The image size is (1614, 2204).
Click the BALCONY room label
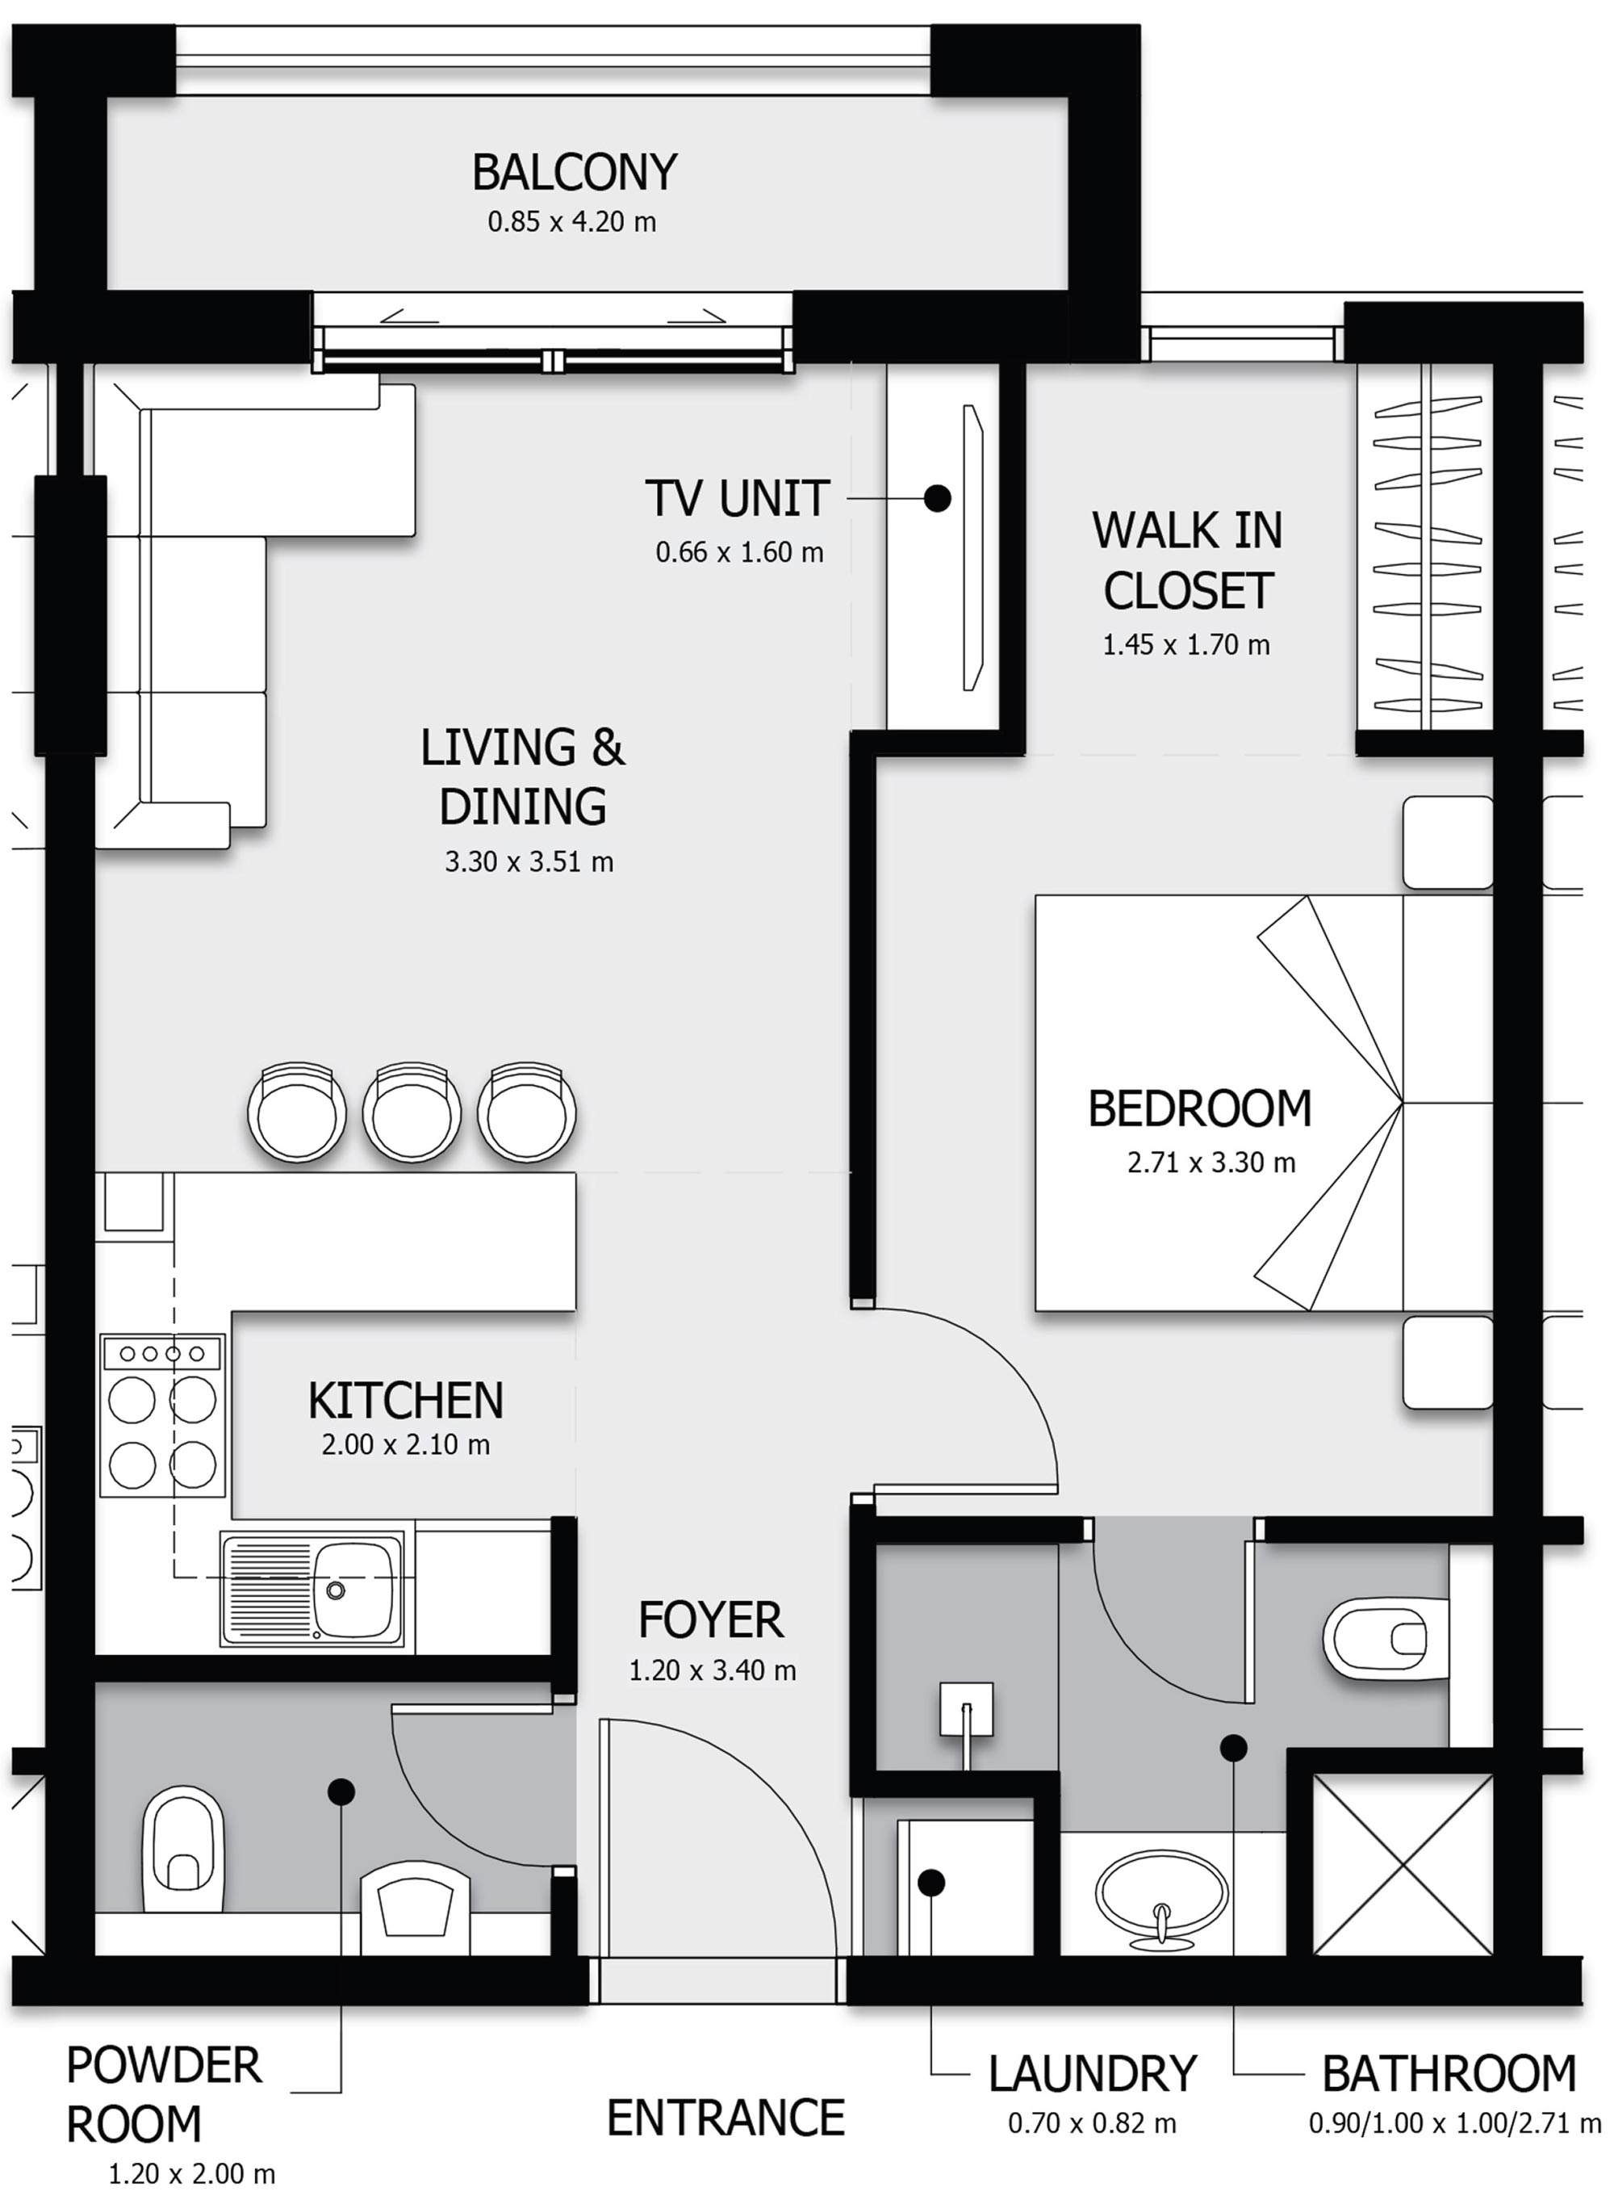click(574, 173)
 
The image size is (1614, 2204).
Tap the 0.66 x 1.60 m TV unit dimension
click(738, 552)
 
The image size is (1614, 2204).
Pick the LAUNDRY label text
click(1091, 2074)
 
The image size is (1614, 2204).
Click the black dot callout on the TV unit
click(937, 498)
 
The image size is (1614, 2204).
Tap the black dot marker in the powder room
click(341, 1791)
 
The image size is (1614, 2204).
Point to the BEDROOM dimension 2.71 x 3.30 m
click(1210, 1162)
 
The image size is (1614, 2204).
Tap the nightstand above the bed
click(1448, 843)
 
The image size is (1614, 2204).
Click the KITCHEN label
click(405, 1401)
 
